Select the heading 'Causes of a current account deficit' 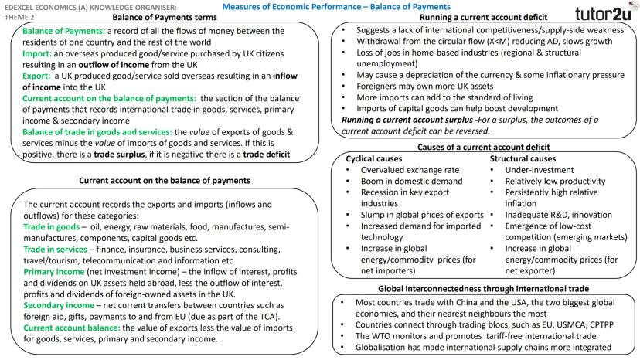[483, 147]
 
